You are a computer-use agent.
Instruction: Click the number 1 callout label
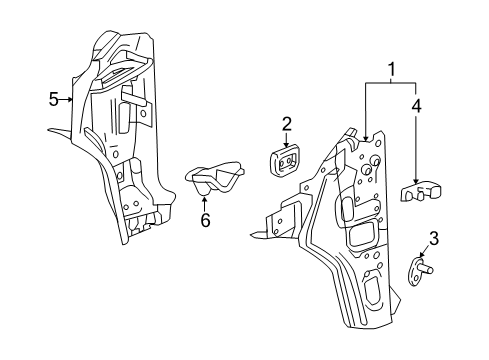(392, 69)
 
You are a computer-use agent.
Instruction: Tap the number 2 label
(286, 124)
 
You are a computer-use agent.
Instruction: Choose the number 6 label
(205, 220)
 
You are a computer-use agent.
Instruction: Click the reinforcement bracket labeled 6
(215, 181)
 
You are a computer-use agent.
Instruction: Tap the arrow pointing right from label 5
(71, 99)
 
